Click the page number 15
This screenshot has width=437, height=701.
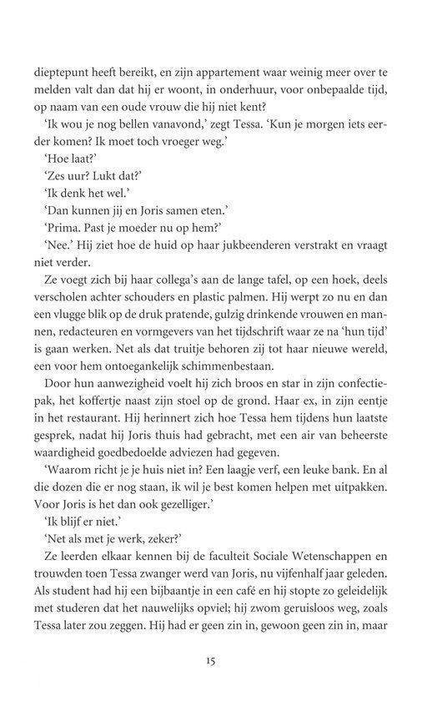(x=215, y=682)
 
